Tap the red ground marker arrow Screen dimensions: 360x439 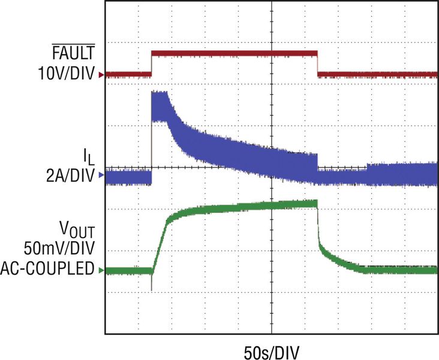click(101, 75)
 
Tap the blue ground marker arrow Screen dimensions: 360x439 click(101, 176)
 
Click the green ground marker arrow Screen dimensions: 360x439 click(101, 271)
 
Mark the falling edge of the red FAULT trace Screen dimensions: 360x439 click(317, 64)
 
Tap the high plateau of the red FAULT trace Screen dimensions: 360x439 click(234, 53)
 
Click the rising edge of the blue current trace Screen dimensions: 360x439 click(152, 144)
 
